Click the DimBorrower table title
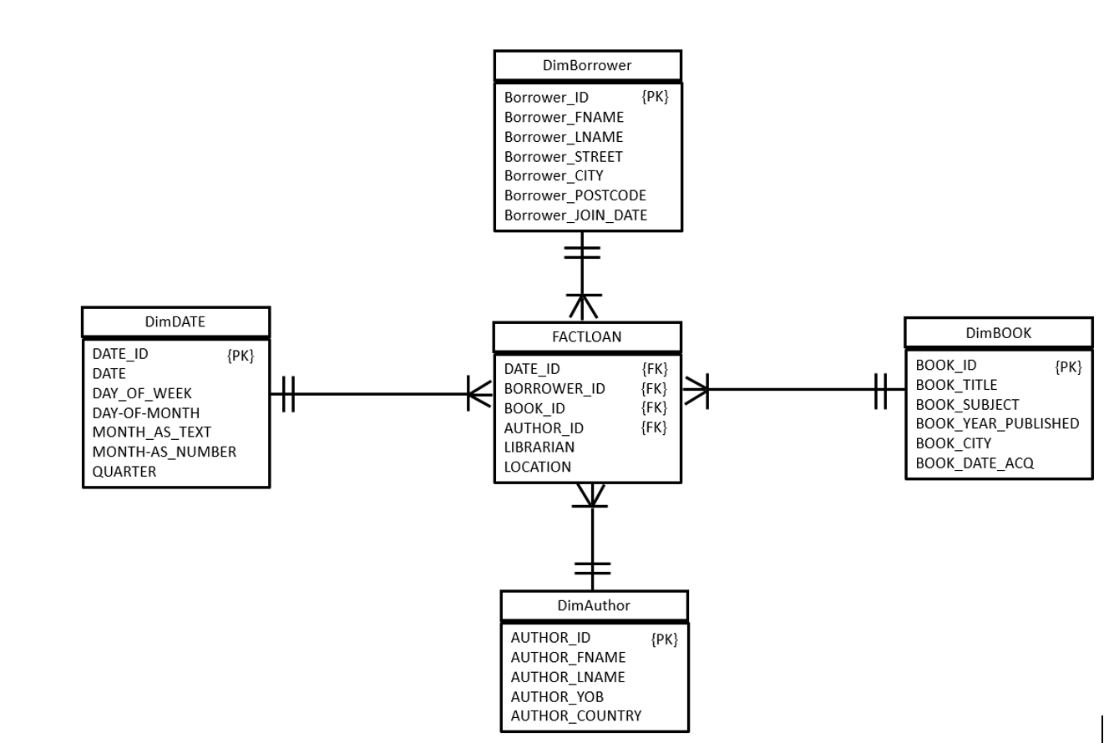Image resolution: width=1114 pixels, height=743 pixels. [x=587, y=65]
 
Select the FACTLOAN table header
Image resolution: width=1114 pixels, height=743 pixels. [x=587, y=337]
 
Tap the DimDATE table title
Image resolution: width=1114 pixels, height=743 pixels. [x=175, y=322]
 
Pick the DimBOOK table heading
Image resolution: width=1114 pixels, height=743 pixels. [x=999, y=332]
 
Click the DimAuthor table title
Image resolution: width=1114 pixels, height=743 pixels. [x=594, y=605]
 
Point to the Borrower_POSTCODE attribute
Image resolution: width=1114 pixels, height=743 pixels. [x=575, y=195]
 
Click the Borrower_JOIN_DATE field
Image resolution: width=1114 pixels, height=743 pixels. [x=575, y=215]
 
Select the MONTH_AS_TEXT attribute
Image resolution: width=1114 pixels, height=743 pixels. [x=151, y=432]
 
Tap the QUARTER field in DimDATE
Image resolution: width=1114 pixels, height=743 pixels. [x=124, y=471]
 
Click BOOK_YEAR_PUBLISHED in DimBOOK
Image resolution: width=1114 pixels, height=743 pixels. [x=997, y=423]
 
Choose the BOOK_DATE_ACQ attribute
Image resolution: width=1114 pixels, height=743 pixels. [x=975, y=462]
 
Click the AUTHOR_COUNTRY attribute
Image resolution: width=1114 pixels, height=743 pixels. [x=576, y=715]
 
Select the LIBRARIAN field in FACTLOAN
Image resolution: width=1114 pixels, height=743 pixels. [x=539, y=447]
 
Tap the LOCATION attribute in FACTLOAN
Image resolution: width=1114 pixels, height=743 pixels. [x=537, y=467]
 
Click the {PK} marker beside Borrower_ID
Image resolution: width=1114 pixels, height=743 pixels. [x=655, y=97]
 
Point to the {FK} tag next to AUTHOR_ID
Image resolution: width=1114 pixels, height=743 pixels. [x=654, y=427]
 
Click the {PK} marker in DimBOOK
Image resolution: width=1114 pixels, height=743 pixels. [x=1068, y=366]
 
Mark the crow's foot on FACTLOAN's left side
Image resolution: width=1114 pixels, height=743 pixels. [x=480, y=393]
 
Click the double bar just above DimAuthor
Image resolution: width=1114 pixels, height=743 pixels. [x=592, y=569]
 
